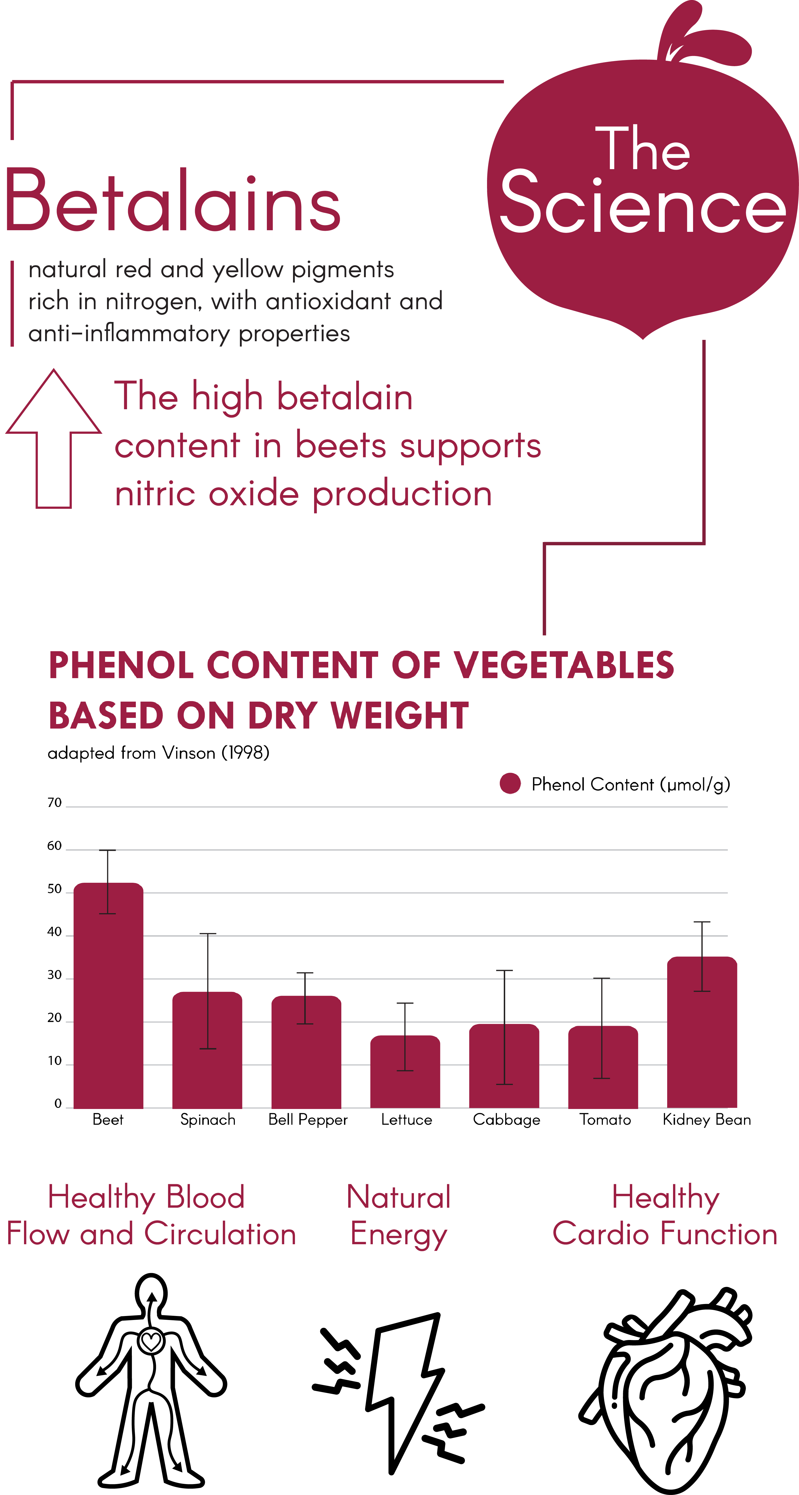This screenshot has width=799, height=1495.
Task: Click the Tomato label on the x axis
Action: pyautogui.click(x=604, y=1119)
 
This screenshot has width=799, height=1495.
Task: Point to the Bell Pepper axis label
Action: pyautogui.click(x=308, y=1119)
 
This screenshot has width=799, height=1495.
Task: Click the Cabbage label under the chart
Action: pyautogui.click(x=506, y=1119)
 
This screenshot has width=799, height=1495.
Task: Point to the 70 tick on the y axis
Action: pyautogui.click(x=55, y=803)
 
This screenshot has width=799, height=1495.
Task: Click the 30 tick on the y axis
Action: pyautogui.click(x=55, y=975)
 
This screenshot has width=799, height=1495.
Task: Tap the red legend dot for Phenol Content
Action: pyautogui.click(x=510, y=784)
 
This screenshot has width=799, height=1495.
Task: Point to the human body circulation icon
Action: pyautogui.click(x=151, y=1381)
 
